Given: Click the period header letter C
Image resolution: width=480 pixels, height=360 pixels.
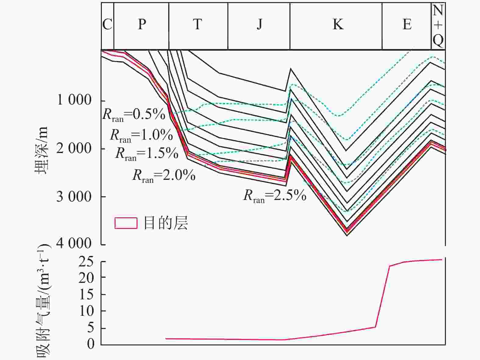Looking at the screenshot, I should coord(107,24).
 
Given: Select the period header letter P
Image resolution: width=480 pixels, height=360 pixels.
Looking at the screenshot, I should coord(142,24).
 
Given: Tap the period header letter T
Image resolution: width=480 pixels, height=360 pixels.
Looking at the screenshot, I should coord(197,24).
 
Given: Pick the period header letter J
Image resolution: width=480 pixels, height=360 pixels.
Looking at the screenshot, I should coord(259,24).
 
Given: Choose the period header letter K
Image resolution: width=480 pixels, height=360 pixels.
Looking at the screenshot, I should coord(338,24).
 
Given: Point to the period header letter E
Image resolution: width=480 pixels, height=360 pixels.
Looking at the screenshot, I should coord(407,24).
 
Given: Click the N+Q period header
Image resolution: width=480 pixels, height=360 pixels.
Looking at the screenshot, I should coord(438,26).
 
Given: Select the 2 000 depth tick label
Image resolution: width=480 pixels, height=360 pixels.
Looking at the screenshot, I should coord(74,148).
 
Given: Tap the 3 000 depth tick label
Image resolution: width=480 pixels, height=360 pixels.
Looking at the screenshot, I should coord(74,197).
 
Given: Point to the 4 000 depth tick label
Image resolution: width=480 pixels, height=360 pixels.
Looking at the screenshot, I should coord(74,243).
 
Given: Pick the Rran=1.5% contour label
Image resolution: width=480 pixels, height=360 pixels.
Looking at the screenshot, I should coord(147,154).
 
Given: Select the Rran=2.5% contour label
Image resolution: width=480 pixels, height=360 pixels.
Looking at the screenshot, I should coord(275,196).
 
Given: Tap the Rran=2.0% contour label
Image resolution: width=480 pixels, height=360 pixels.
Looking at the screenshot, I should coord(164,176).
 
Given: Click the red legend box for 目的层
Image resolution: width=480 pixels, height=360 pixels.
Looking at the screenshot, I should coord(126,223).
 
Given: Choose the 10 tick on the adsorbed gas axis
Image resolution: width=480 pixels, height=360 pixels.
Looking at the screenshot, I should coord(87,311).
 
